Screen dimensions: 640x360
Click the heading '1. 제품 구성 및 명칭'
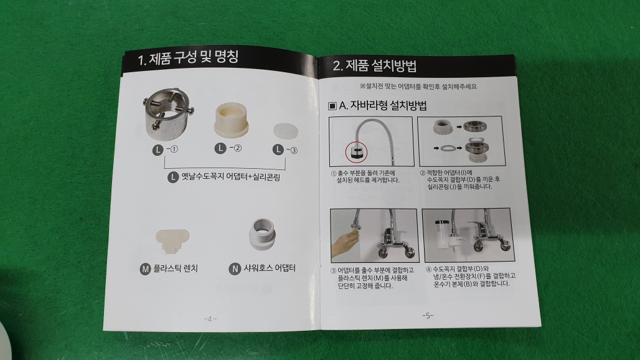[x=188, y=57]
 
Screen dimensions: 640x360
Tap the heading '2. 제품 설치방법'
[x=374, y=66]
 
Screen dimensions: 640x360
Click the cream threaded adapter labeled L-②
[x=232, y=119]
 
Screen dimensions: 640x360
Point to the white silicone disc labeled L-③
[x=285, y=130]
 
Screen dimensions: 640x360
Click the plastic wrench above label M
[x=172, y=240]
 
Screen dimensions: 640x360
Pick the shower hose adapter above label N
[x=262, y=234]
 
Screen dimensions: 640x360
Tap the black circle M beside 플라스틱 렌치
[x=145, y=269]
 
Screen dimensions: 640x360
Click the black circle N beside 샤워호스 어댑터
[x=235, y=269]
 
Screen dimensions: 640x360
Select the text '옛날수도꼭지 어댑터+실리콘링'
[x=231, y=177]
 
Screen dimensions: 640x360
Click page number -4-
[x=210, y=319]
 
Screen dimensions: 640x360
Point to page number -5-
[x=427, y=316]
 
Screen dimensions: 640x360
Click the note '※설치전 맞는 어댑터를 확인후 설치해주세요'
[x=418, y=87]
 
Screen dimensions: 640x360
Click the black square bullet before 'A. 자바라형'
[x=332, y=106]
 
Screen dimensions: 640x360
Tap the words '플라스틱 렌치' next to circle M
[x=176, y=268]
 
